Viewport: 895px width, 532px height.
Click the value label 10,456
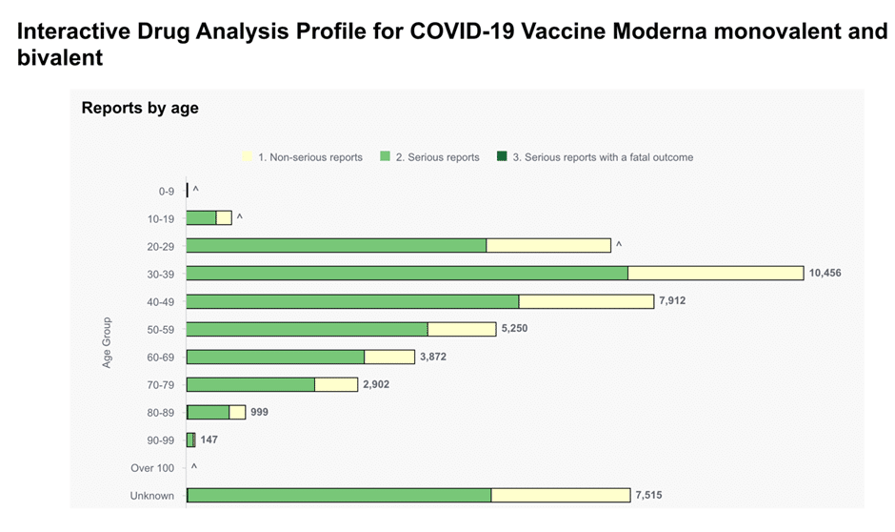[x=825, y=273]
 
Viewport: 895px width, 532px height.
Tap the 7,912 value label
[x=672, y=300]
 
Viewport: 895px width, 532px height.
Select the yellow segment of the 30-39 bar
[x=716, y=273]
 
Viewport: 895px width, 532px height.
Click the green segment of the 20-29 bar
[x=336, y=246]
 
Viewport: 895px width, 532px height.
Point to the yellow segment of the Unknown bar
[x=561, y=496]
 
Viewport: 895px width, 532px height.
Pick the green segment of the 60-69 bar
[x=275, y=358]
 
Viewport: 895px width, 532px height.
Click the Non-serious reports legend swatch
[x=248, y=156]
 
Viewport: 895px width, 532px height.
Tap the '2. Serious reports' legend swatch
[x=386, y=156]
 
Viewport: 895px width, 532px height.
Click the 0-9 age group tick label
[x=166, y=192]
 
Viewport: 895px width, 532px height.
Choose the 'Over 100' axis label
[x=152, y=468]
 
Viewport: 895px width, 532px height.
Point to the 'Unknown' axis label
[x=151, y=496]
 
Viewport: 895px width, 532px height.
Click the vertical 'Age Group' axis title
[x=107, y=343]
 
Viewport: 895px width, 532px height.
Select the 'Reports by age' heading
[x=140, y=108]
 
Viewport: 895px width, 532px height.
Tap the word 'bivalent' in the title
[x=60, y=58]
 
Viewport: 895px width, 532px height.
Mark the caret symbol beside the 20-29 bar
[x=619, y=245]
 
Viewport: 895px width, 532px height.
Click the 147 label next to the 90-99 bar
[x=209, y=440]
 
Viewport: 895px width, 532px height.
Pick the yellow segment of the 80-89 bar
[x=237, y=413]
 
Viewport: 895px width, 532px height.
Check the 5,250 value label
[x=514, y=329]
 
